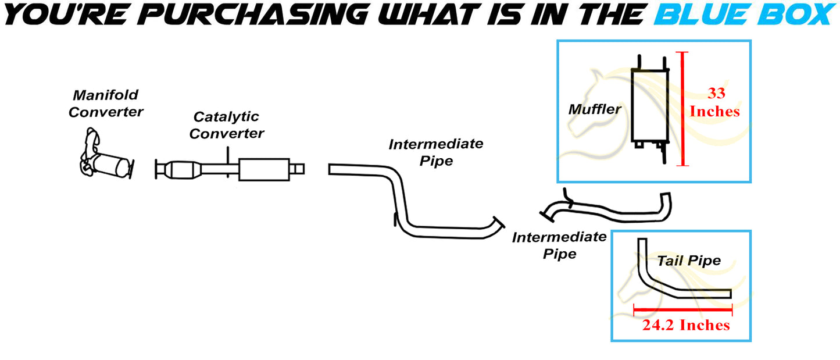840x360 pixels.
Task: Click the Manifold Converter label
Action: (106, 104)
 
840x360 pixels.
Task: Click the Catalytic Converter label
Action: (227, 125)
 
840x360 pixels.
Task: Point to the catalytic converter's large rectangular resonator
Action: (263, 169)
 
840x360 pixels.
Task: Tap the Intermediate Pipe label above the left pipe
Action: (436, 152)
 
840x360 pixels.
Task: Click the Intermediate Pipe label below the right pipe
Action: (558, 245)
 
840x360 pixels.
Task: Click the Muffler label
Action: (594, 109)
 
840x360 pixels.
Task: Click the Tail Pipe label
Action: (689, 260)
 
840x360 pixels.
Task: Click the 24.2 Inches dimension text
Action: (686, 325)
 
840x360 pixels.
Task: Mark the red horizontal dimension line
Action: (683, 310)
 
